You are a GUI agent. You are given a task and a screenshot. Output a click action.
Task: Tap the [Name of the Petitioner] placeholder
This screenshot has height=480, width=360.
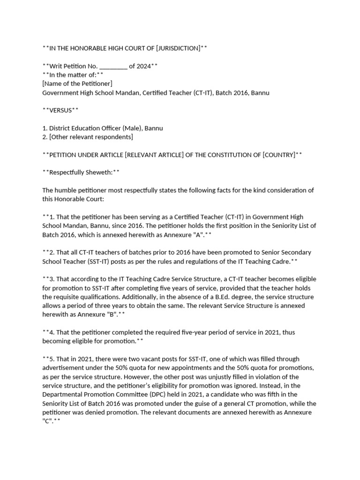point(77,83)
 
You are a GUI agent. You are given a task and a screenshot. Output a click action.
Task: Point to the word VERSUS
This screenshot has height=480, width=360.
point(60,110)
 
